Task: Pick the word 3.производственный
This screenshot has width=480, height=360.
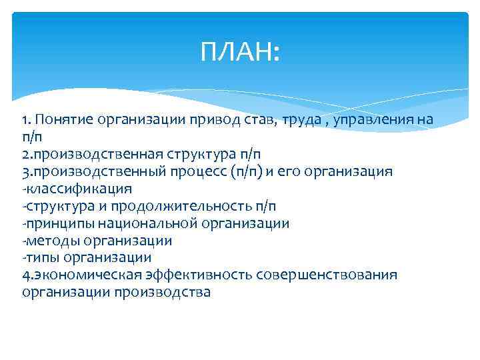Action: [87, 171]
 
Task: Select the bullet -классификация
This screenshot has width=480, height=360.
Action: [77, 189]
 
